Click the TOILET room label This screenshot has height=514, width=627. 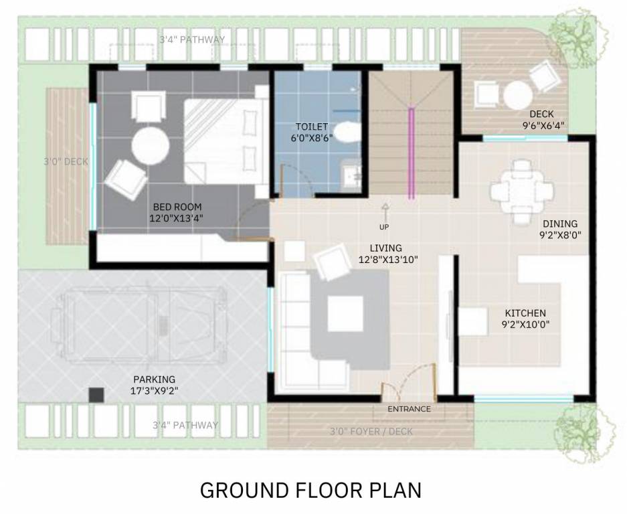click(x=312, y=126)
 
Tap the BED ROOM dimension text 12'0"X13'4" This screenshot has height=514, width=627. click(x=177, y=218)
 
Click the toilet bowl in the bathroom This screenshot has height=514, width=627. click(x=345, y=131)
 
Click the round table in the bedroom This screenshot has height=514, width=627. click(x=149, y=145)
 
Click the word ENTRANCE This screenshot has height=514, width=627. click(x=409, y=408)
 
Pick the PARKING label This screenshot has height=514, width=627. click(x=154, y=379)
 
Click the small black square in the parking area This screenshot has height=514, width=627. click(x=96, y=395)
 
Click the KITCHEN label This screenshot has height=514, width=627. click(x=525, y=313)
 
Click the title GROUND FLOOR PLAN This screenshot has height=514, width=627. click(x=311, y=490)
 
